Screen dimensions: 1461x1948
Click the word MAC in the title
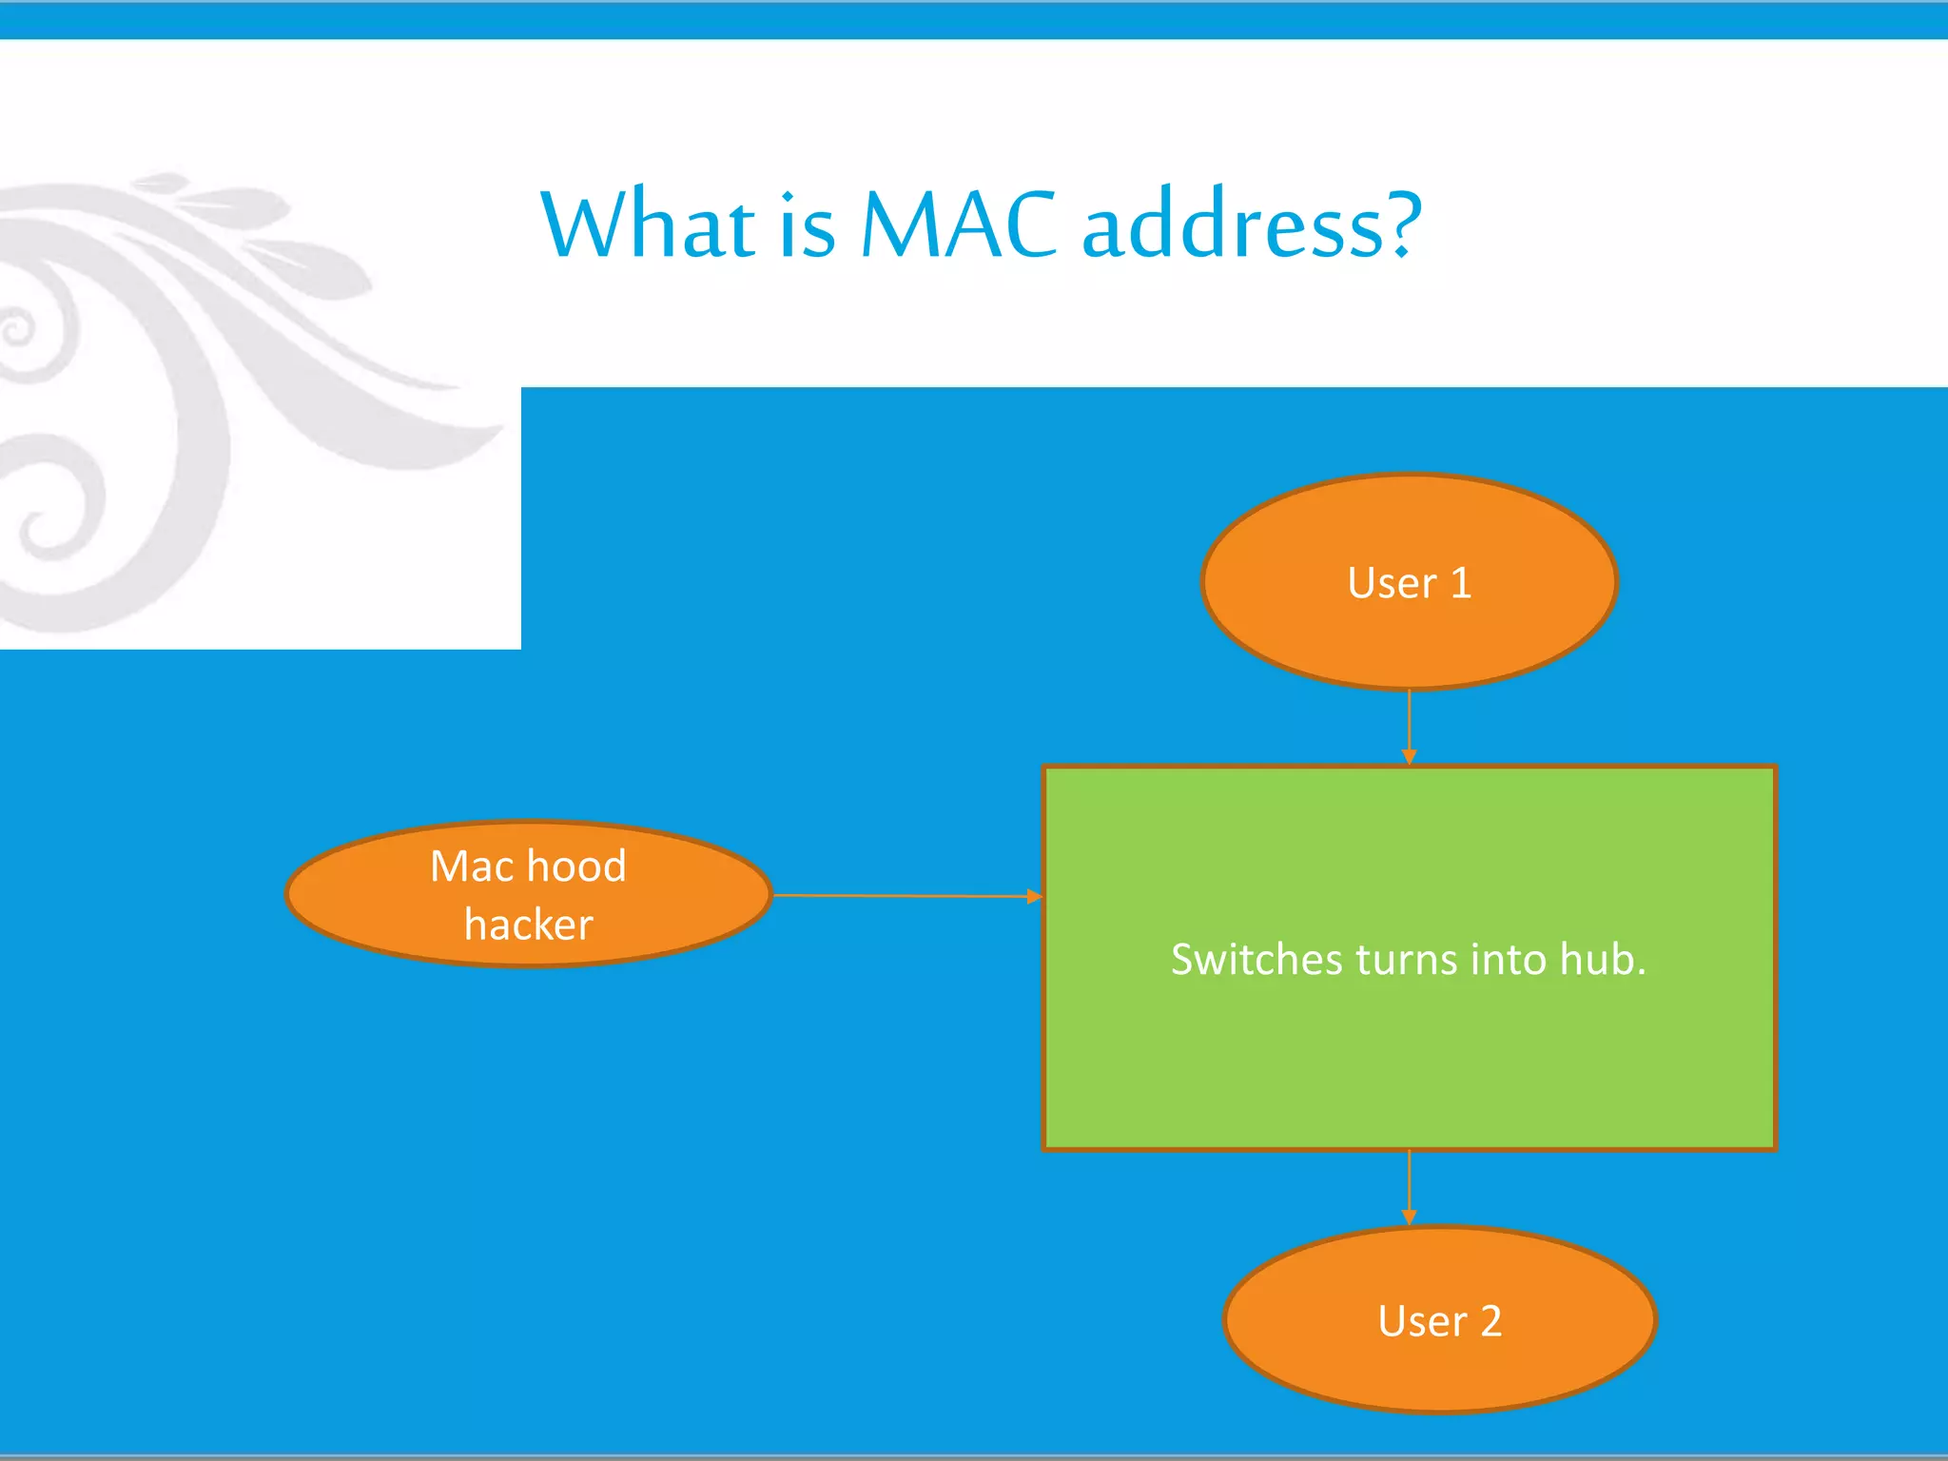[x=958, y=225]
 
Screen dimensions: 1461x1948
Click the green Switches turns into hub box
[x=1409, y=1046]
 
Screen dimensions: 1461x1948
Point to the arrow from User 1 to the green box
[x=1409, y=727]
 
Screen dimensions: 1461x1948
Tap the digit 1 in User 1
[x=1460, y=583]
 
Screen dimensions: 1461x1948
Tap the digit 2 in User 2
[x=1490, y=1321]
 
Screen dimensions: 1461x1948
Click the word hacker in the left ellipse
[x=529, y=925]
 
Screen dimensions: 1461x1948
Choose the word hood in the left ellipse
[x=576, y=867]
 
